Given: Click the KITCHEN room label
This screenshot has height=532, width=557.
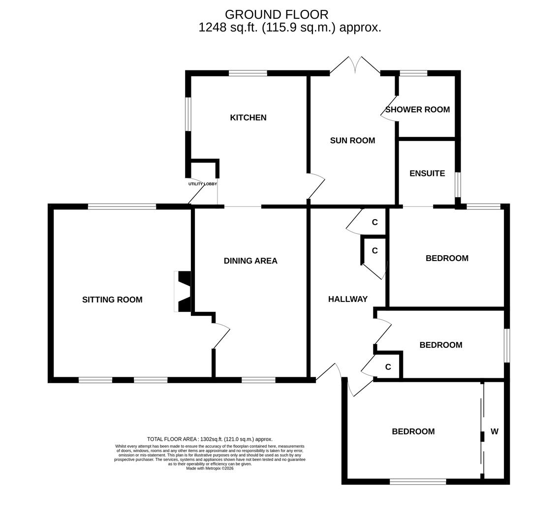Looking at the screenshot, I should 248,118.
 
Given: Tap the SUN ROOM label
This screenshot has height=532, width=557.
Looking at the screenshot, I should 352,140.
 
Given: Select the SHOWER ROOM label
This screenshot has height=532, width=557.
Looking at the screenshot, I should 417,109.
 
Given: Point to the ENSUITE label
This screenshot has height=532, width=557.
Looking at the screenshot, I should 427,173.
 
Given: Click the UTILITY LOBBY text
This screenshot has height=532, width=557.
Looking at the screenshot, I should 202,184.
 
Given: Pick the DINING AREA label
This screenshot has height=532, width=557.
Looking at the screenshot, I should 250,261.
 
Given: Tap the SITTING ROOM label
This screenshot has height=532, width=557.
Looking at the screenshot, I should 112,299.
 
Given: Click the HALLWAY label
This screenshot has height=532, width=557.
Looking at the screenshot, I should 348,299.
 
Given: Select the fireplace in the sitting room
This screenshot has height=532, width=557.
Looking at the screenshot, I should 183,292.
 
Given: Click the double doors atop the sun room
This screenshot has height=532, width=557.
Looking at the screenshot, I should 355,66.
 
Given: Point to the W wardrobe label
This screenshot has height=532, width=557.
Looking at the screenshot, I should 495,432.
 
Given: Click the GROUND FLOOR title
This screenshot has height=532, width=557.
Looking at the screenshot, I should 277,15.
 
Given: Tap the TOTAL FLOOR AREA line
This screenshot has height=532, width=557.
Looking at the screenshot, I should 210,439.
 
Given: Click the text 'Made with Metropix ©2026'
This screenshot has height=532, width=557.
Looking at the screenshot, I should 210,468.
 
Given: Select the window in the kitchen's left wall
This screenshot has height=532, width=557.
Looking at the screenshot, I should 188,114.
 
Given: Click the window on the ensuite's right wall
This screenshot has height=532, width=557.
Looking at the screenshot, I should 458,185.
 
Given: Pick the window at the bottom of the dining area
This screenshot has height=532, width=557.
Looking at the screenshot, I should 258,380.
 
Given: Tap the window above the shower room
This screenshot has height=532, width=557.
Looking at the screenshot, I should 413,73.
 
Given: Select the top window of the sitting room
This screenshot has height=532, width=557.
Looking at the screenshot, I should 122,206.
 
